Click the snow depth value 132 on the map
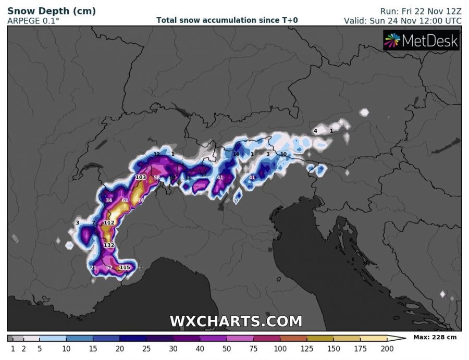(x=109, y=245)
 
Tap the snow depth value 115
(x=125, y=268)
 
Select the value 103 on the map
(x=140, y=178)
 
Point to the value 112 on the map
(x=109, y=223)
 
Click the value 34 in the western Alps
(x=109, y=201)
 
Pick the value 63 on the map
(x=125, y=201)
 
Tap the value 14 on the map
(x=236, y=155)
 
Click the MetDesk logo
(x=422, y=40)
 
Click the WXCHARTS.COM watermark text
(x=236, y=321)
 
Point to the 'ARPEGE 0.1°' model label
(x=33, y=21)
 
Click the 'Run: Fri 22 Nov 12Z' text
(x=419, y=11)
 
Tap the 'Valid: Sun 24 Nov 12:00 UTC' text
(x=403, y=21)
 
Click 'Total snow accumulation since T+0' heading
(x=227, y=20)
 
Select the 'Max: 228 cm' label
(x=435, y=338)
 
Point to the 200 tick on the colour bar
(x=386, y=348)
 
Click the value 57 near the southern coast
(x=109, y=268)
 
